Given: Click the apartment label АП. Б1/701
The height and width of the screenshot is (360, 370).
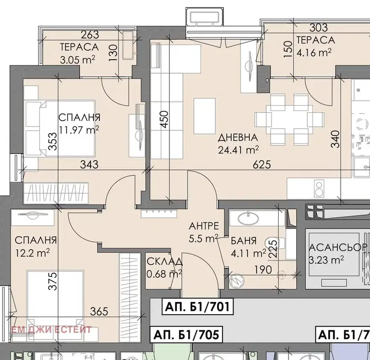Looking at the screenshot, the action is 197,307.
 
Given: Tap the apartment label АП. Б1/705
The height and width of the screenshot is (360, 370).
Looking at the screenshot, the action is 186,334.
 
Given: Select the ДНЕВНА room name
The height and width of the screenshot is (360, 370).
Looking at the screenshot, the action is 238,138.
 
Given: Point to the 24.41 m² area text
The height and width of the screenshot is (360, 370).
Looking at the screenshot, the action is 238,150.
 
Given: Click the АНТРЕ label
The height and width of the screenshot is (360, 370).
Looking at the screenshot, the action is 204,226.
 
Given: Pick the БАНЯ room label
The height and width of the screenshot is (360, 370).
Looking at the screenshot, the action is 243,241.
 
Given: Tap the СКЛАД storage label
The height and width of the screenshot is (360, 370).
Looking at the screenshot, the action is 164,262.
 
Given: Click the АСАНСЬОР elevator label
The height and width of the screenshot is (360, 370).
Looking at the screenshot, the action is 338,247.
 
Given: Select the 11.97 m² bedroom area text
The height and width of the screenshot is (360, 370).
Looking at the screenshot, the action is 79,130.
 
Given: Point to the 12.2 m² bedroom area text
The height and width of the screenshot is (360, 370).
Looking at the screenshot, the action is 33,253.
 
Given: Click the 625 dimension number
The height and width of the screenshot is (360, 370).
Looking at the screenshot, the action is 262,165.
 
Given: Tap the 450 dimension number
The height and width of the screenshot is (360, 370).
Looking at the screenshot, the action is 164,119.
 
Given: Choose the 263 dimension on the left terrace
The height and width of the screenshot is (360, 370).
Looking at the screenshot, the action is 90,35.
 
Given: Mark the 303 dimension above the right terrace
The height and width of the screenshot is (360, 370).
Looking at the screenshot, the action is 319,28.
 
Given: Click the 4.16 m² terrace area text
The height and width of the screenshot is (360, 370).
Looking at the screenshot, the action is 314,53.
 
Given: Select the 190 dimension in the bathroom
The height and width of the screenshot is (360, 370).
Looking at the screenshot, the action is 263,270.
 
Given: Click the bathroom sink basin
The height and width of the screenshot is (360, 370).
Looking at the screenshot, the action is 248,218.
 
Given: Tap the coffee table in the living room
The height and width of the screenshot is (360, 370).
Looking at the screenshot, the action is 204,116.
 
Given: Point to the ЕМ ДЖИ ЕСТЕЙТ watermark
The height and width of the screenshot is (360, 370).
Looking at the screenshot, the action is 51,330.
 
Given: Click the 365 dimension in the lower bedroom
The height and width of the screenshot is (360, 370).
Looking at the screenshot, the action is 99,311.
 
